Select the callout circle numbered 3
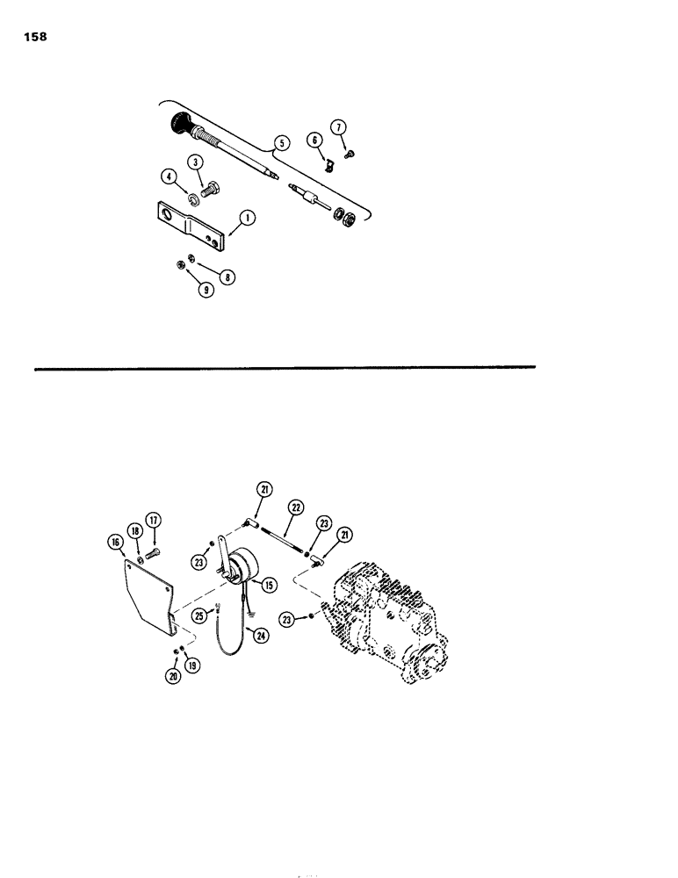(195, 162)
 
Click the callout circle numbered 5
(280, 142)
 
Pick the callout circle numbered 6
(314, 140)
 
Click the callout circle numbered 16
(114, 543)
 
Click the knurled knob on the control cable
(177, 121)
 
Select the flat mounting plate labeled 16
(149, 597)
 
